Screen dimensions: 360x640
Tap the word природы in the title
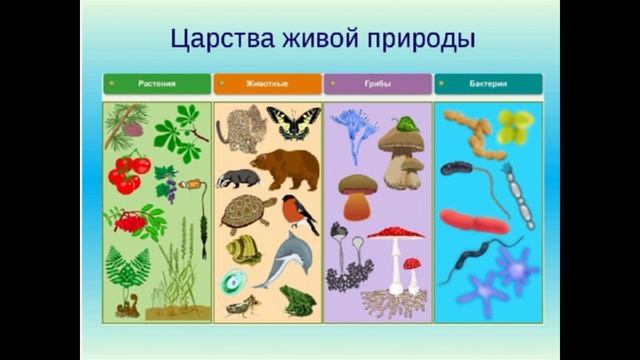point(419,40)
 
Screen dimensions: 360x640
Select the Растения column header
point(157,84)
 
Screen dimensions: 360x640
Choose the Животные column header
point(267,84)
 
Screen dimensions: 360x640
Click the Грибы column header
point(378,84)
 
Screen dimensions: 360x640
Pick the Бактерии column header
point(488,84)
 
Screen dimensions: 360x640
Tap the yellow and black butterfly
point(293,123)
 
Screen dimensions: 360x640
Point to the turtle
point(247,212)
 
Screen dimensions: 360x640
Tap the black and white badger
point(238,178)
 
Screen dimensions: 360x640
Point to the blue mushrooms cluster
point(353,128)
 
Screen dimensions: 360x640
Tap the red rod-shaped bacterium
point(474,221)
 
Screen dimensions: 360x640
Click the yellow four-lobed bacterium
point(515,125)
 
